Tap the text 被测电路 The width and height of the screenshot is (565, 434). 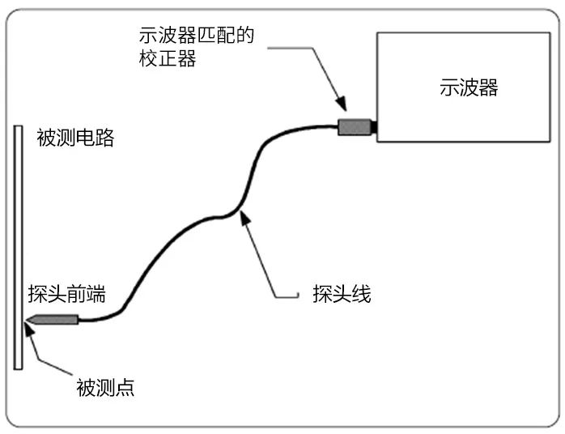point(75,138)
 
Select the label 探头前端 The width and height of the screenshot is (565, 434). point(66,292)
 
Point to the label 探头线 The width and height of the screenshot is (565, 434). point(342,294)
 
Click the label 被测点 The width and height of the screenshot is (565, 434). point(105,388)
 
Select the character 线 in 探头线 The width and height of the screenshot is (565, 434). point(361,294)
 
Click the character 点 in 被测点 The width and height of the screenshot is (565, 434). point(125,388)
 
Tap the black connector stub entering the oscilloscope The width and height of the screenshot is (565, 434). point(374,126)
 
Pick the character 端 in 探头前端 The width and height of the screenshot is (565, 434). point(96,292)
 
